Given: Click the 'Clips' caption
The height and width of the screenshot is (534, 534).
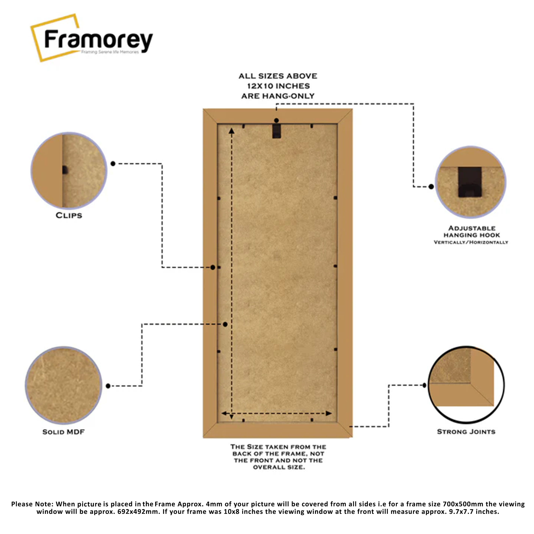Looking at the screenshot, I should click(69, 216).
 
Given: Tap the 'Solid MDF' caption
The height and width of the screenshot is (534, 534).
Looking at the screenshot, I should click(63, 432).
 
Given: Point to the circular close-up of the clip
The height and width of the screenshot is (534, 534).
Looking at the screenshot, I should click(69, 170).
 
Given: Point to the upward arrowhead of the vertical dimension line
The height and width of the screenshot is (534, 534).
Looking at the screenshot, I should click(232, 130).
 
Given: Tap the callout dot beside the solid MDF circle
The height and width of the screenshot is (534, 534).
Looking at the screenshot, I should click(108, 386).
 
